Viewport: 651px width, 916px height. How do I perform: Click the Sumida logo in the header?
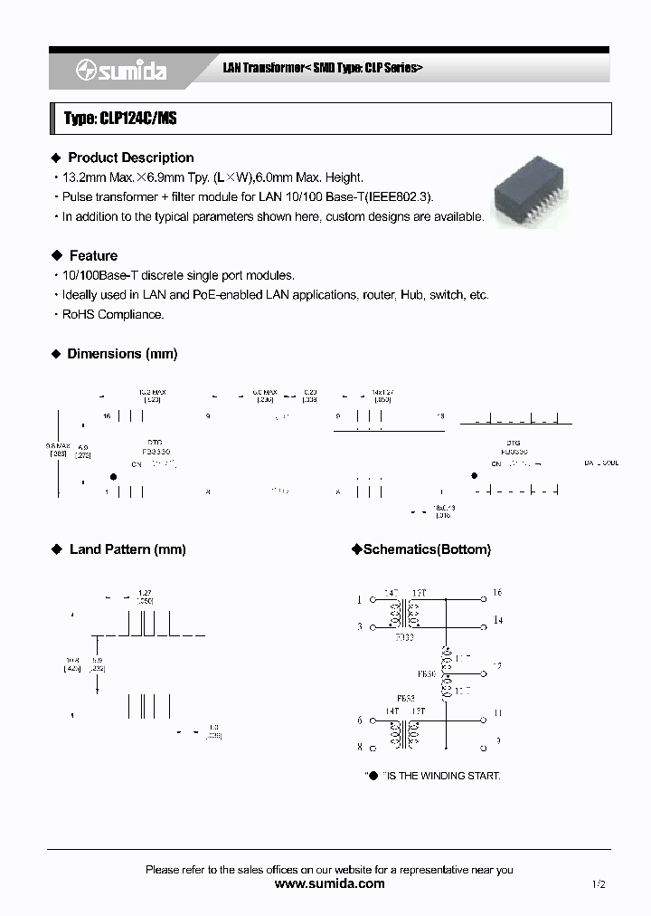[122, 72]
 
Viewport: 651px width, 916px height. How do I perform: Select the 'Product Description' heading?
[130, 157]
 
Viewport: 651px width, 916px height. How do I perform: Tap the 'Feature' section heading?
[93, 255]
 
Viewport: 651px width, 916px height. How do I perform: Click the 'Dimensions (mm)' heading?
[122, 353]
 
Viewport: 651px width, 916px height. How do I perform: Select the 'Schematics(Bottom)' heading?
[426, 549]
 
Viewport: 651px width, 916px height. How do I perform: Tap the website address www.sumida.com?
[328, 883]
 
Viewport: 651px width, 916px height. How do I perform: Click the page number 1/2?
[598, 884]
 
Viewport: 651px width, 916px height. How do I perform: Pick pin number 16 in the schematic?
[496, 593]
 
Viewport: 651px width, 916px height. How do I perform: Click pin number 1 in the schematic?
[359, 599]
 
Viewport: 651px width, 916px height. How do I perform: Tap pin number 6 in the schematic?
[359, 720]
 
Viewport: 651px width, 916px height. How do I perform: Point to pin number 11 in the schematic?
[496, 712]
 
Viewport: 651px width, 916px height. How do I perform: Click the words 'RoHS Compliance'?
[112, 314]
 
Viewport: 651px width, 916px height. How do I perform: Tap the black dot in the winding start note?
[372, 776]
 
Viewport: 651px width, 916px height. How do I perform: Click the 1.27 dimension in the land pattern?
[145, 593]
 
